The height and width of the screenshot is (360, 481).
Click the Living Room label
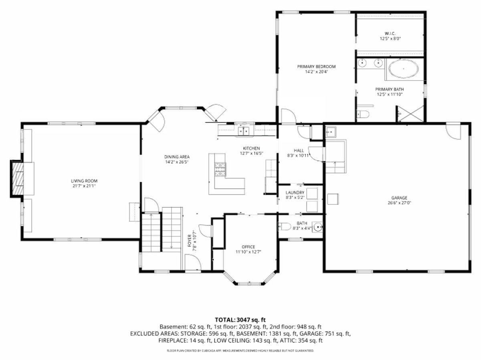coord(84,181)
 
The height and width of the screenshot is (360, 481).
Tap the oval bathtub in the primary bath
coord(403,68)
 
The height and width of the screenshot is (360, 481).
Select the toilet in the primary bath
coord(363,114)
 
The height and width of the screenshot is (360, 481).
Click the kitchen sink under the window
coord(244,131)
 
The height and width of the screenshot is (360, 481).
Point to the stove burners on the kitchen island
coord(220,169)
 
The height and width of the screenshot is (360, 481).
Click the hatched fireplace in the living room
coord(18,179)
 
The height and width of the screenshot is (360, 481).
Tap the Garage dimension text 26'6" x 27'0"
coord(399,203)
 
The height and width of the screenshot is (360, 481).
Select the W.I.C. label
coord(390,34)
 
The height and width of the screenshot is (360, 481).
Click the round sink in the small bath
coord(317,227)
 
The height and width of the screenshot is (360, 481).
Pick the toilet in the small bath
coord(284,227)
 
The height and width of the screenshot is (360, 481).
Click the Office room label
coord(248,247)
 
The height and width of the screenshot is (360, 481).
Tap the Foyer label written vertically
coord(189,241)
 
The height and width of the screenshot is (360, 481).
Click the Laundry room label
coord(295,192)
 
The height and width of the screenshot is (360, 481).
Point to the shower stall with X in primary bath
coord(410,114)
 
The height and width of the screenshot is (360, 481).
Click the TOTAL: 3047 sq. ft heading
coord(240,320)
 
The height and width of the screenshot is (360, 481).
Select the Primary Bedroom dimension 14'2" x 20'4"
coord(316,72)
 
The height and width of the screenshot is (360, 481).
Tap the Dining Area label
coord(177,157)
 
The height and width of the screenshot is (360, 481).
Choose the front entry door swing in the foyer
coord(193,262)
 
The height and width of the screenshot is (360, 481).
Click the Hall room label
coord(299,150)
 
